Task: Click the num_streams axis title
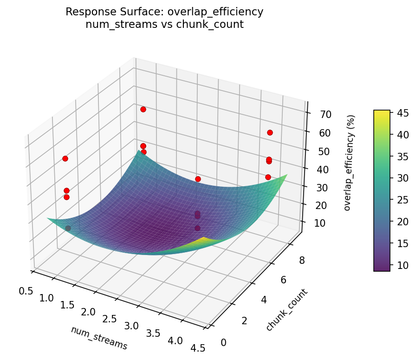click(x=99, y=338)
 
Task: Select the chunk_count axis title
click(x=286, y=310)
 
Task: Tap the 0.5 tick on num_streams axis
click(x=26, y=291)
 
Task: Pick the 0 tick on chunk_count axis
click(x=225, y=342)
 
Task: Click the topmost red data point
click(x=143, y=109)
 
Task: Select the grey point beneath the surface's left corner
click(x=68, y=228)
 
